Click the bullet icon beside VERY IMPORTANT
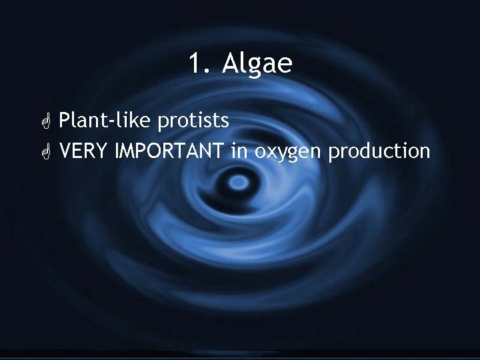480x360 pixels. pyautogui.click(x=45, y=152)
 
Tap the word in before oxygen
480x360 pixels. pyautogui.click(x=239, y=151)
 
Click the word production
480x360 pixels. pyautogui.click(x=379, y=152)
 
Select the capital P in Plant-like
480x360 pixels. pyautogui.click(x=65, y=121)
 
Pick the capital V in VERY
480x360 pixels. pyautogui.click(x=65, y=151)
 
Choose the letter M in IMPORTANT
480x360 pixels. pyautogui.click(x=129, y=151)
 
